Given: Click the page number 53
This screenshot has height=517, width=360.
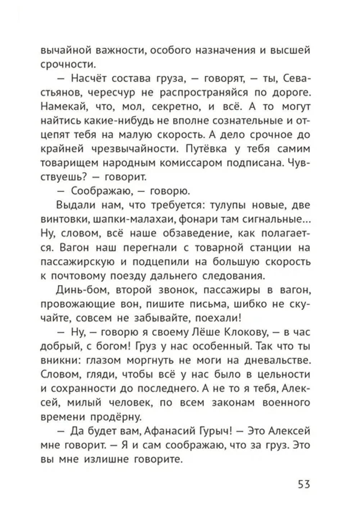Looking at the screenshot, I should [x=304, y=484].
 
